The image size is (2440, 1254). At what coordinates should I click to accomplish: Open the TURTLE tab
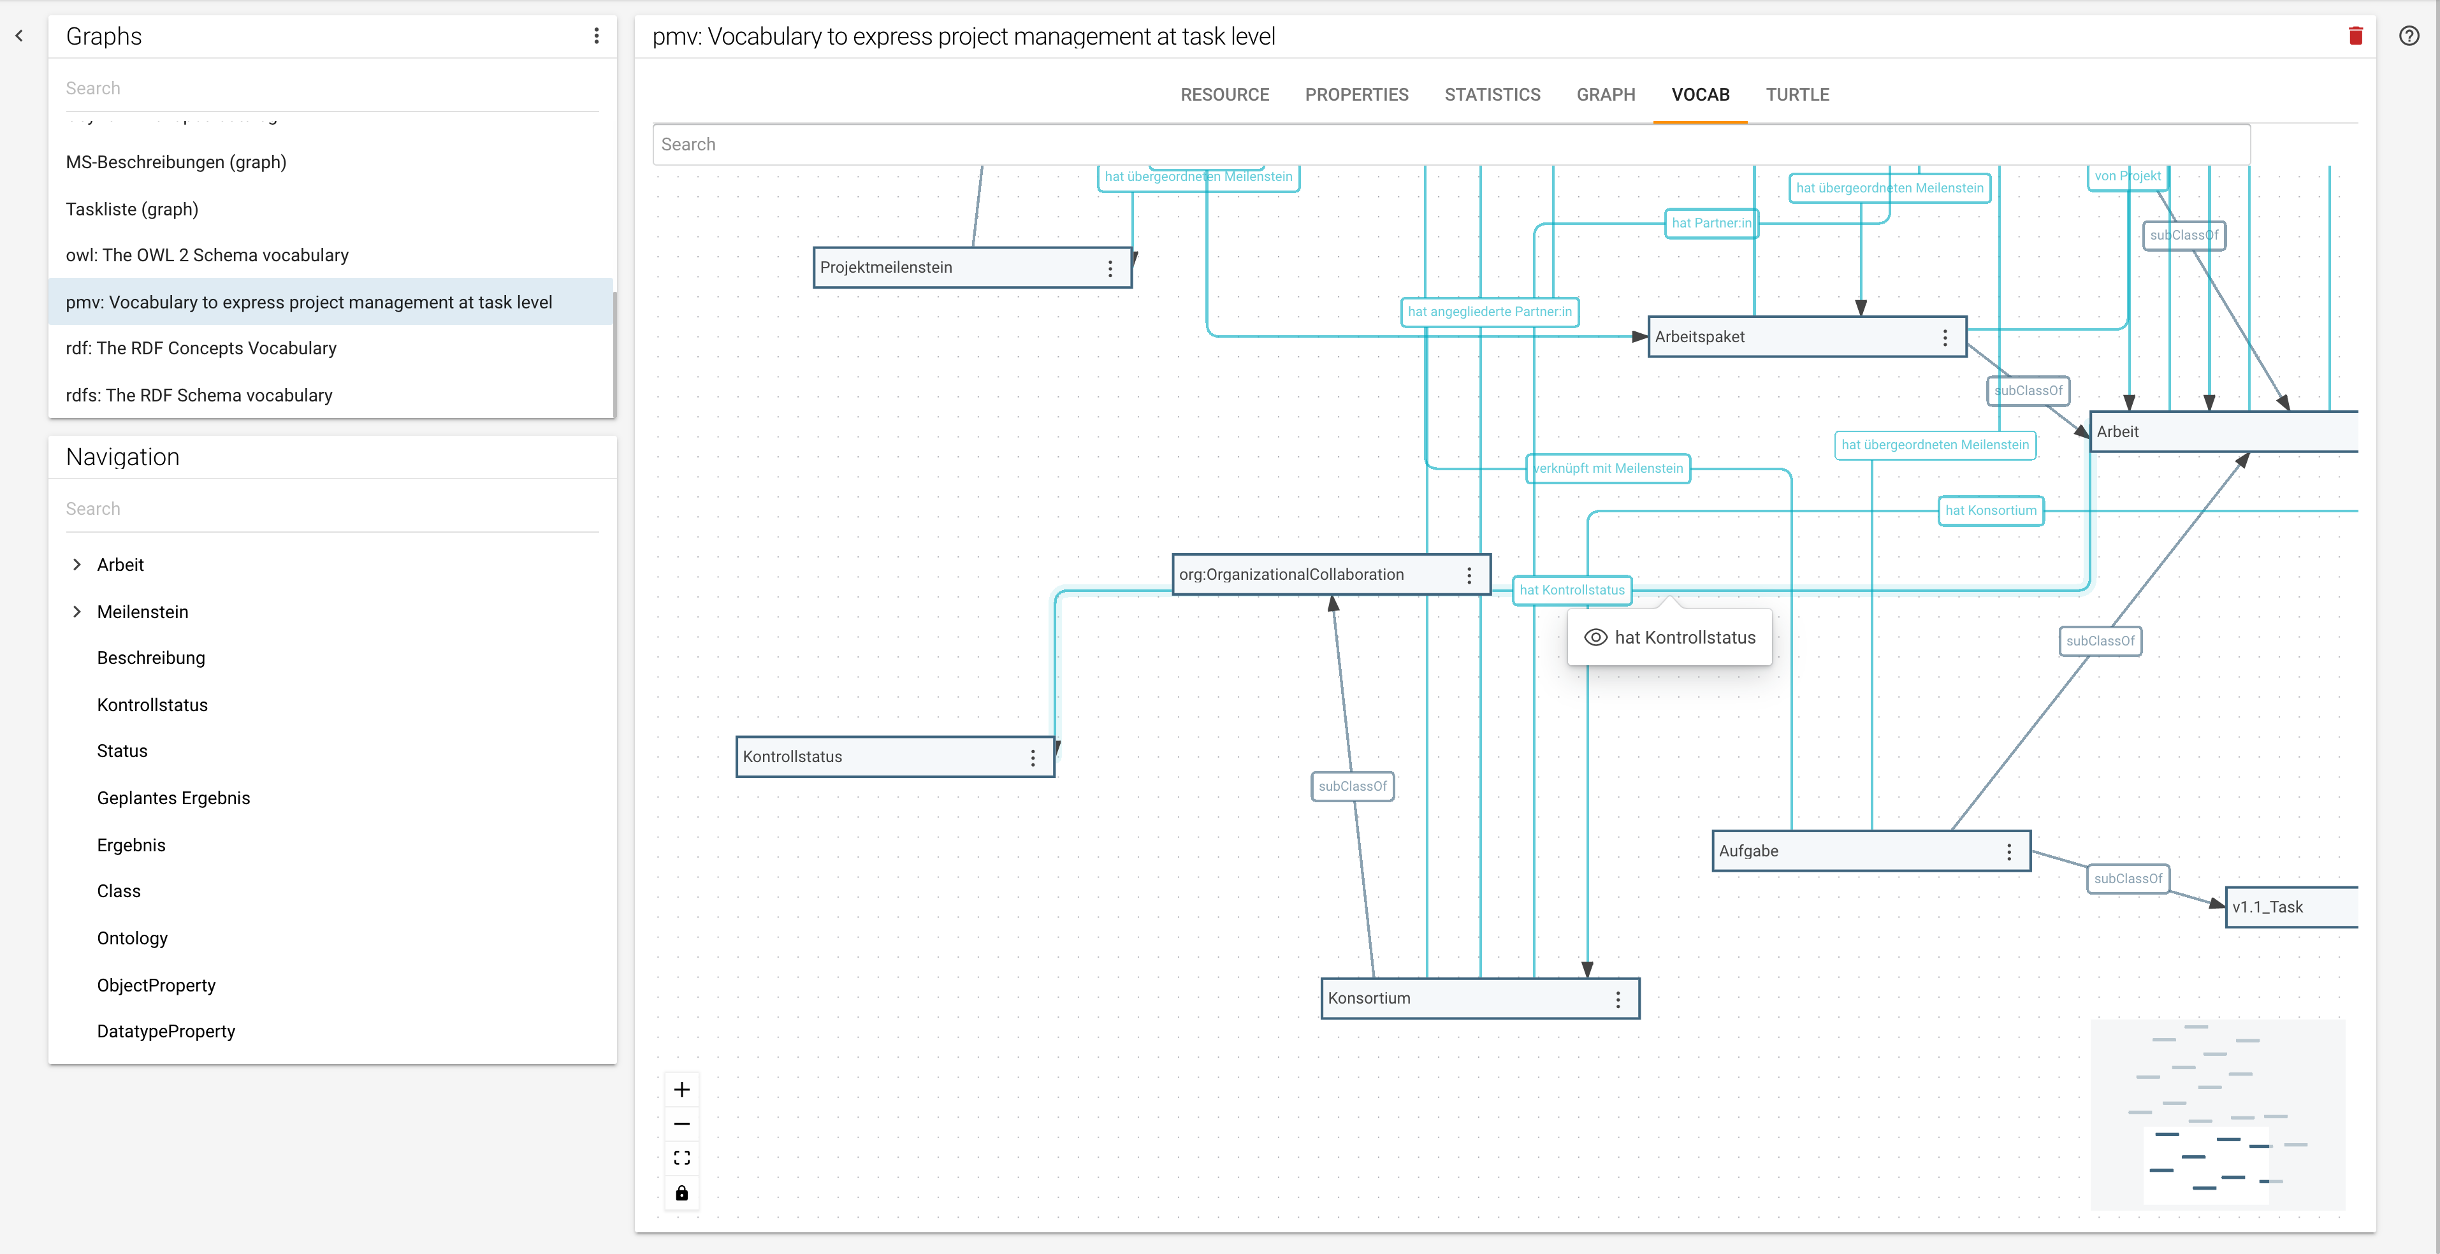click(x=1797, y=95)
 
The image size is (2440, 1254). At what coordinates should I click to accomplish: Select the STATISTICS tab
click(x=1492, y=95)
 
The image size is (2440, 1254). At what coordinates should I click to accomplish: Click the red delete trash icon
click(x=2356, y=36)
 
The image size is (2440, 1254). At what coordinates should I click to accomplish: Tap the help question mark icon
click(x=2409, y=36)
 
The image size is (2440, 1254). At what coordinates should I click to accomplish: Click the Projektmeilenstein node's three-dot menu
click(x=1110, y=268)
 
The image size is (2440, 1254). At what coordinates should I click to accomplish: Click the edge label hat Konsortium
click(x=1990, y=510)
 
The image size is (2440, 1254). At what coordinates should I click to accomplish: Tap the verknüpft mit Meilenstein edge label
click(x=1608, y=468)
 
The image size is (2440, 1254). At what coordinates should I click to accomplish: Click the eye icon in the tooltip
click(x=1596, y=637)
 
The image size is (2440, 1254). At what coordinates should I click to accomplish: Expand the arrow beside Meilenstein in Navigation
click(x=76, y=612)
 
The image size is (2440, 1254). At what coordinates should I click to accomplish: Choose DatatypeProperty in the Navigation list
click(x=166, y=1032)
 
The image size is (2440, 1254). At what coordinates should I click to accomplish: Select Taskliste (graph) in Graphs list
click(x=132, y=209)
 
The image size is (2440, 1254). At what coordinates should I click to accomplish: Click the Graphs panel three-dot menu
click(x=596, y=36)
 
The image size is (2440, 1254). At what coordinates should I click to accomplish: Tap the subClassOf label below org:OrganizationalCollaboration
click(x=1352, y=786)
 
